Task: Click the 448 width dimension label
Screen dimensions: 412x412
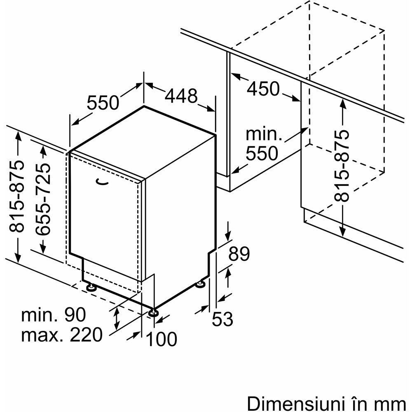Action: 181,96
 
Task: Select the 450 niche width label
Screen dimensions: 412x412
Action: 264,89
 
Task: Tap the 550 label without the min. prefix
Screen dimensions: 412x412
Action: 103,103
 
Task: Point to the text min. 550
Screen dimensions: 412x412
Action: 262,144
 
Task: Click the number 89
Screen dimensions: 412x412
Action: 239,254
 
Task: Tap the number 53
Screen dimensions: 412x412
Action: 222,319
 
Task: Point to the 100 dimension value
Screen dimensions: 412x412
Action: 162,339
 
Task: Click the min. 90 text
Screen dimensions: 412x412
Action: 54,315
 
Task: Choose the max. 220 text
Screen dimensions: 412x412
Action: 61,335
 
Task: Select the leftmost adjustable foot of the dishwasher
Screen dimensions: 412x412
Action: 91,287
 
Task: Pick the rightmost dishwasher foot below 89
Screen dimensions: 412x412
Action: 201,284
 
